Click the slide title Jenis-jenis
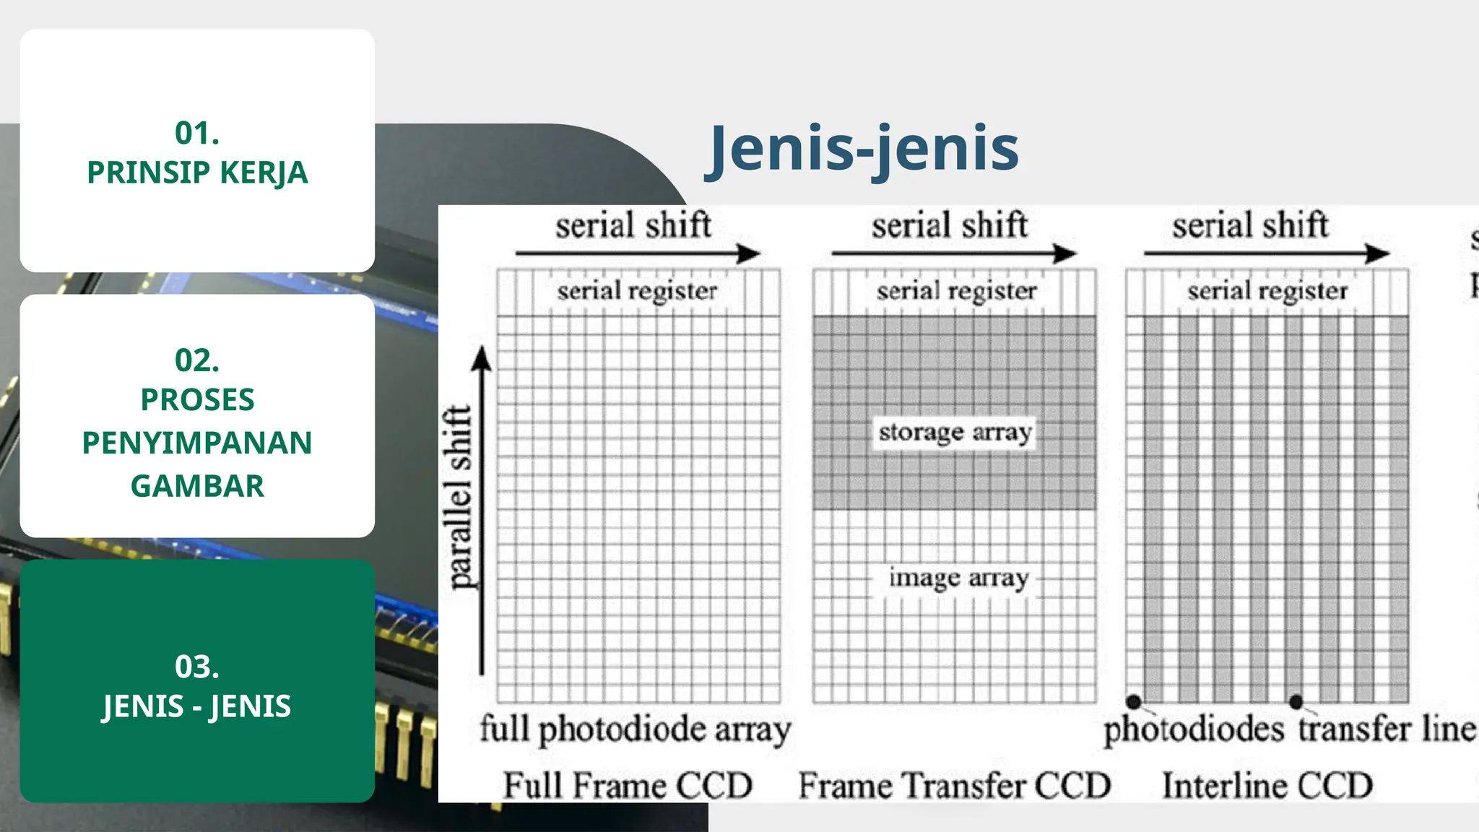[x=863, y=149]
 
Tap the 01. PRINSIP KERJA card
[x=197, y=152]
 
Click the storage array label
[x=955, y=433]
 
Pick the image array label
[x=958, y=578]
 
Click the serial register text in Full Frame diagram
[x=637, y=291]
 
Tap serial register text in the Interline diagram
[x=1267, y=291]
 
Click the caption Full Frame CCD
[x=628, y=785]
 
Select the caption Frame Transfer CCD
[x=954, y=785]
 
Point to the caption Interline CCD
[x=1267, y=785]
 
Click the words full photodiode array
[x=636, y=729]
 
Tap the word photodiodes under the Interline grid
[x=1194, y=729]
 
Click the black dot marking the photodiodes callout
[x=1134, y=701]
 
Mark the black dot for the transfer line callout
[x=1296, y=701]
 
